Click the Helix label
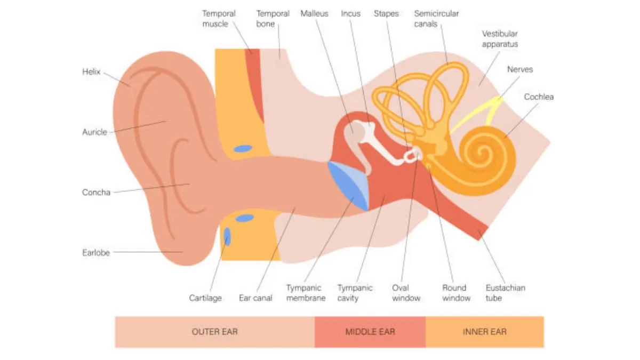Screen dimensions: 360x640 click(91, 71)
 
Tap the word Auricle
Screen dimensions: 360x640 click(94, 132)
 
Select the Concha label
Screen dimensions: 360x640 click(96, 193)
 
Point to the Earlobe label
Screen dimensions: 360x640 click(96, 253)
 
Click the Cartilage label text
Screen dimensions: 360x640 click(205, 298)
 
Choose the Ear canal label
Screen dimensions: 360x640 click(255, 298)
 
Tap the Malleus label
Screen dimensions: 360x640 click(314, 13)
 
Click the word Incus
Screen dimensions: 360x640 click(350, 13)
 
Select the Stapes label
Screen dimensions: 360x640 click(386, 13)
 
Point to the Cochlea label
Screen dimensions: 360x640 click(539, 97)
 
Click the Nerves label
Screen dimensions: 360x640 click(520, 69)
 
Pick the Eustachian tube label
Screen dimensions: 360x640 click(505, 293)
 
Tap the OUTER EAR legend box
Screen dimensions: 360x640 click(214, 332)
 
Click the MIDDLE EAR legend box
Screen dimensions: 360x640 click(370, 332)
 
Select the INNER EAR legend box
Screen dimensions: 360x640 click(484, 332)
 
